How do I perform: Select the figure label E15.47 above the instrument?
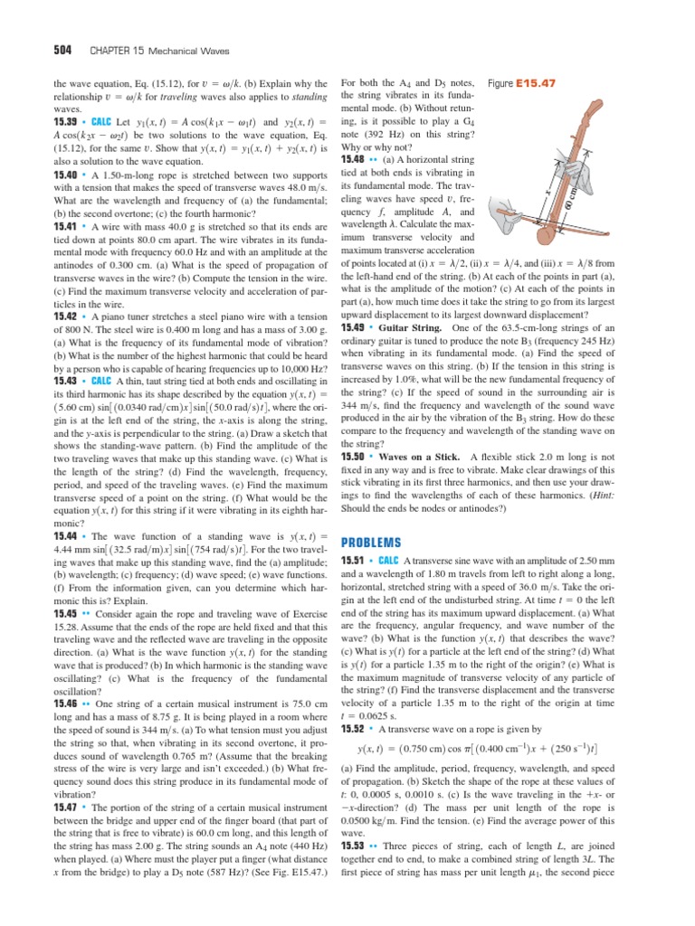pos(536,82)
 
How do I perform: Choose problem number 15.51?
pos(354,560)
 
